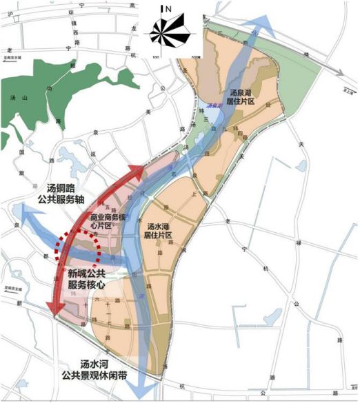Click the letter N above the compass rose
[x=166, y=9]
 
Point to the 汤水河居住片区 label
[x=163, y=230]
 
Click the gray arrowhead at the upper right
[x=342, y=71]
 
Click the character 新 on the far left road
[x=20, y=302]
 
